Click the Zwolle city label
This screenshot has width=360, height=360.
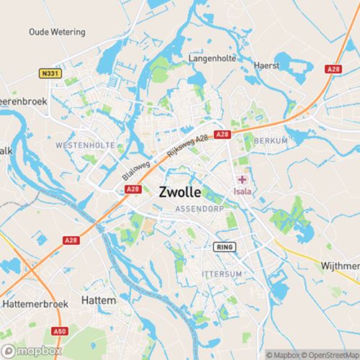pyautogui.click(x=179, y=193)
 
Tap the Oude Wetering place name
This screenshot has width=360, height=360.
pyautogui.click(x=57, y=32)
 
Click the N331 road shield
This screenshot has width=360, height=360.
pyautogui.click(x=49, y=73)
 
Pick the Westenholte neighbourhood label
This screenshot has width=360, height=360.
pyautogui.click(x=85, y=145)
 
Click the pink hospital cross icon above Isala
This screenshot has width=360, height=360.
pyautogui.click(x=243, y=179)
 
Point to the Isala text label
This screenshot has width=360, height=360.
pyautogui.click(x=241, y=192)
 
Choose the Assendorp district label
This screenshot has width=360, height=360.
pyautogui.click(x=194, y=210)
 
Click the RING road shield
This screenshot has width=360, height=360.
pyautogui.click(x=225, y=247)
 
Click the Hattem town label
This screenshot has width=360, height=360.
pyautogui.click(x=99, y=299)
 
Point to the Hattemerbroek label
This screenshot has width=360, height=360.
pyautogui.click(x=35, y=305)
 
